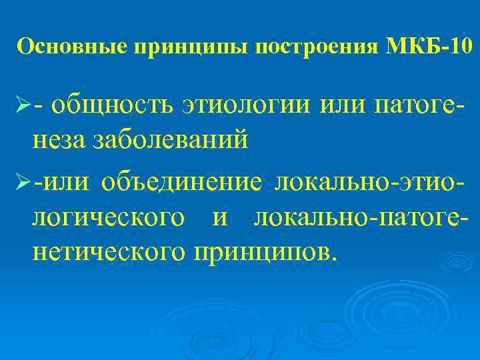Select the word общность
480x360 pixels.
(x=113, y=106)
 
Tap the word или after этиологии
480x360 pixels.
(x=343, y=106)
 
